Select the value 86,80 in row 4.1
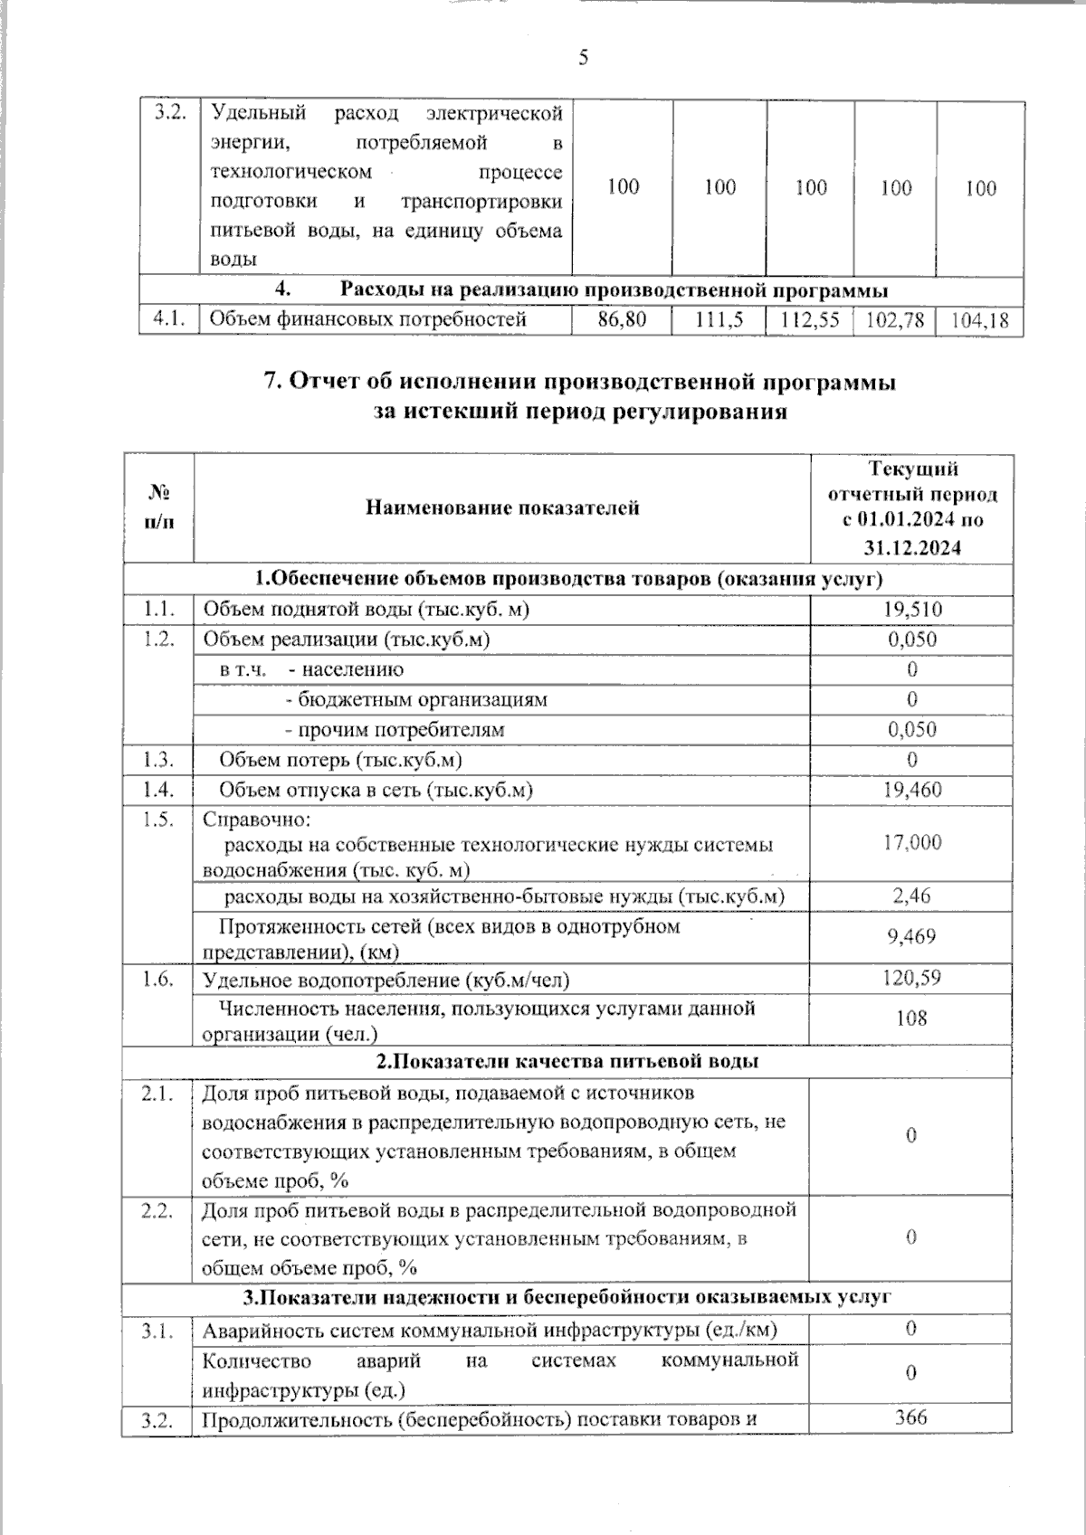coord(622,319)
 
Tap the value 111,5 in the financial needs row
coord(719,319)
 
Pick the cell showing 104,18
coord(980,320)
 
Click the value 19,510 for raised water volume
coord(911,610)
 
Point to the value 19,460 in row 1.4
coord(911,790)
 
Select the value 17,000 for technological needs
coord(911,842)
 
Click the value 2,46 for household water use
coord(911,895)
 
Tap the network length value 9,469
coord(911,936)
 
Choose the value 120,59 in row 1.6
coord(911,978)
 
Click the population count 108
coord(911,1019)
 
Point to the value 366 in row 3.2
coord(911,1417)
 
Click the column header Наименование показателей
coord(502,507)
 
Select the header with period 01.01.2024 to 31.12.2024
coord(911,507)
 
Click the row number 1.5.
coord(158,820)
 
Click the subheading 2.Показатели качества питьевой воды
coord(567,1061)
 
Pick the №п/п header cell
coord(159,507)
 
